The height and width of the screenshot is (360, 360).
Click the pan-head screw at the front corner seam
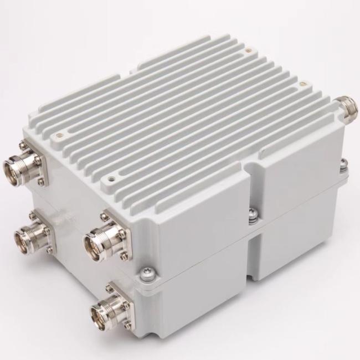click(x=150, y=272)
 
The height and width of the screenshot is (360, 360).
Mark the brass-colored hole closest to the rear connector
click(x=302, y=84)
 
